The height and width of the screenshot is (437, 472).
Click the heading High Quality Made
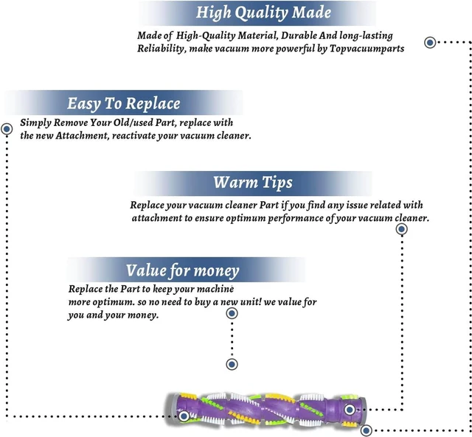pos(263,13)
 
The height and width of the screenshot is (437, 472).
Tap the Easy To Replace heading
pos(123,103)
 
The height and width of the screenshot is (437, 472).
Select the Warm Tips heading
pos(253,183)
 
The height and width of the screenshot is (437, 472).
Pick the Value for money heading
pos(182,270)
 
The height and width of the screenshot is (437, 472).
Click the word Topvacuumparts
pos(367,49)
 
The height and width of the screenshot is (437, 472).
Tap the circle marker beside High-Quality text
pos(430,43)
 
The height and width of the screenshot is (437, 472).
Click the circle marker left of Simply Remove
pos(7,129)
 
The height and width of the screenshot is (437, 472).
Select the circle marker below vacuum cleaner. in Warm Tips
pos(401,229)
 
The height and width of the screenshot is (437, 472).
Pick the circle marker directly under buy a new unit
pos(232,313)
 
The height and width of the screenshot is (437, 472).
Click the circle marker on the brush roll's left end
pos(184,416)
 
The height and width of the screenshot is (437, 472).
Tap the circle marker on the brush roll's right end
pos(350,410)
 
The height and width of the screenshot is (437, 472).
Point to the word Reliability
pos(161,49)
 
